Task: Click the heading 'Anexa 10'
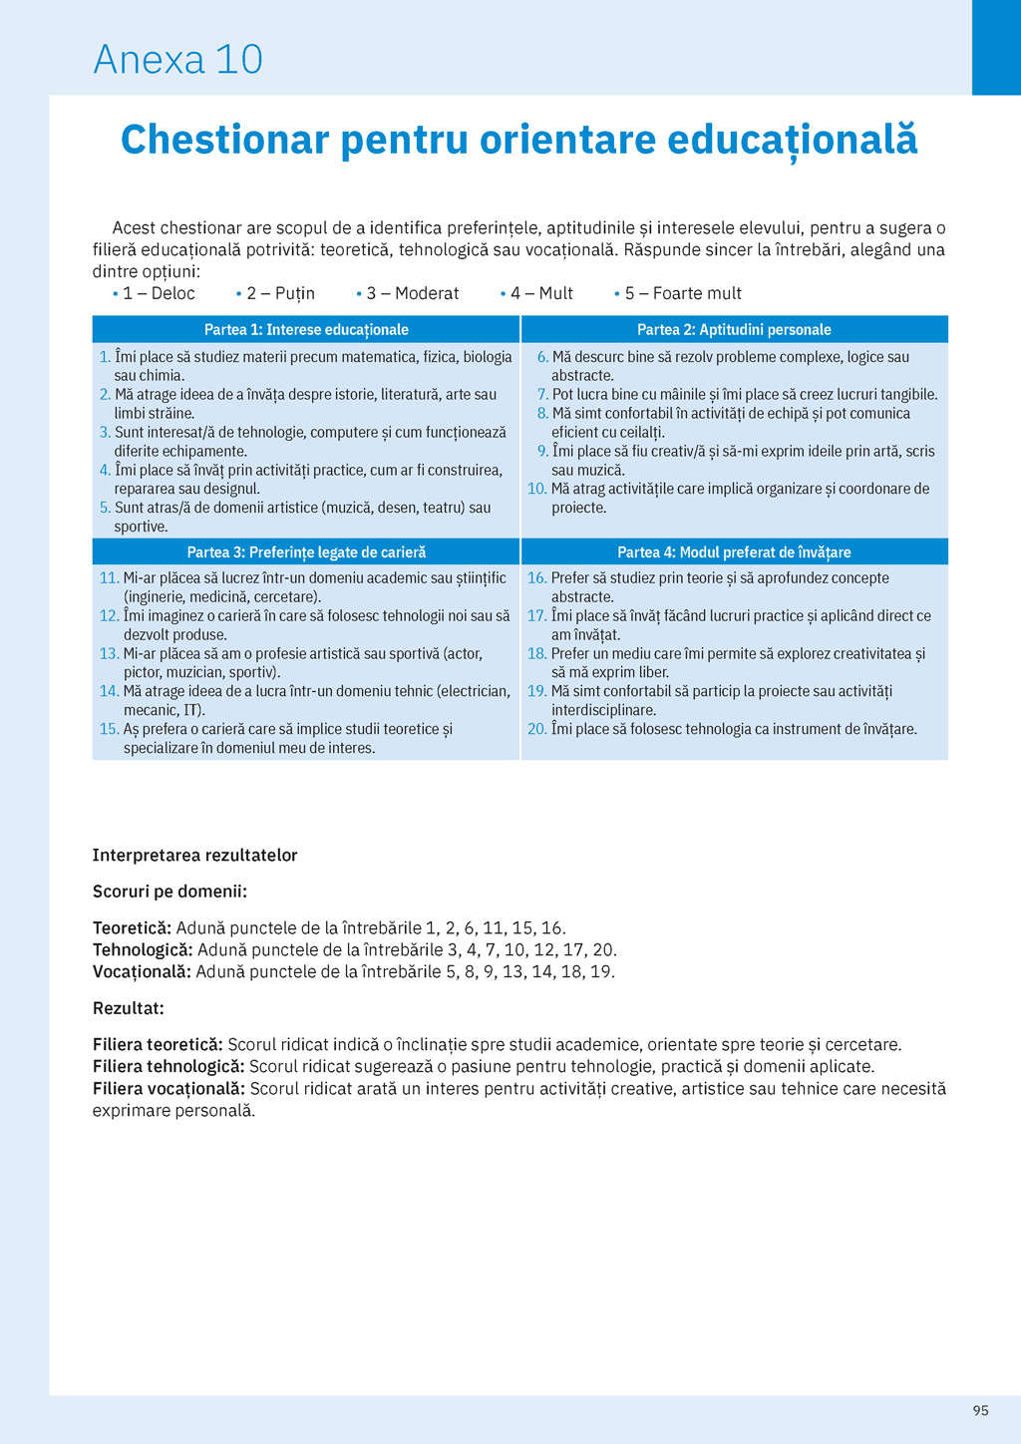[177, 60]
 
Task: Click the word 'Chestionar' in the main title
[224, 140]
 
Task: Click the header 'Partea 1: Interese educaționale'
[306, 330]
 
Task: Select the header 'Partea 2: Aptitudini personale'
[734, 330]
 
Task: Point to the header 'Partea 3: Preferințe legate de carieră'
[306, 552]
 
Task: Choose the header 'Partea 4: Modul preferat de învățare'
[734, 552]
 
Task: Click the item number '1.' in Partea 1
[105, 357]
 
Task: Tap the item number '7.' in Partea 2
[542, 395]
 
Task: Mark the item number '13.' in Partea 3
[109, 654]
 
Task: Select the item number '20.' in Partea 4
[536, 730]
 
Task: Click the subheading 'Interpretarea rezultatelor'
[194, 856]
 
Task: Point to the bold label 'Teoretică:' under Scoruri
[132, 928]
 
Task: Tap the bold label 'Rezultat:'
[128, 1008]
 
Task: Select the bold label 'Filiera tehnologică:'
[169, 1067]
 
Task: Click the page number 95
[980, 1410]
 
